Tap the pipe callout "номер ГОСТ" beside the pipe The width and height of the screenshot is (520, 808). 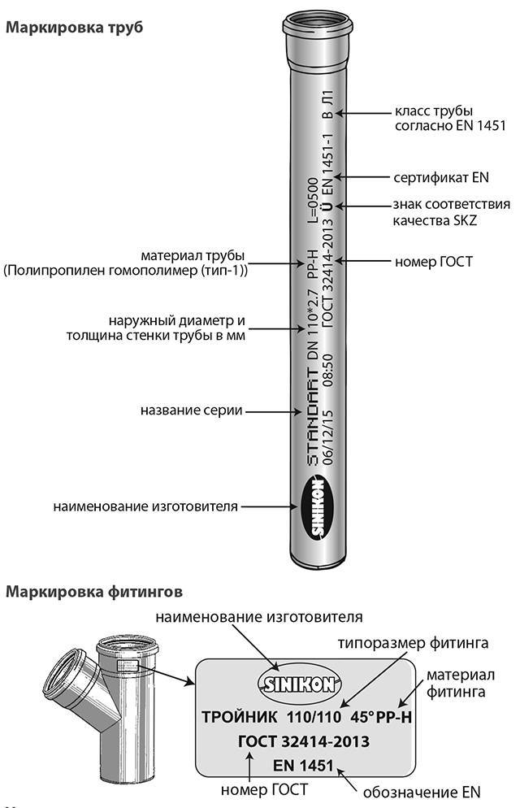(x=433, y=263)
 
